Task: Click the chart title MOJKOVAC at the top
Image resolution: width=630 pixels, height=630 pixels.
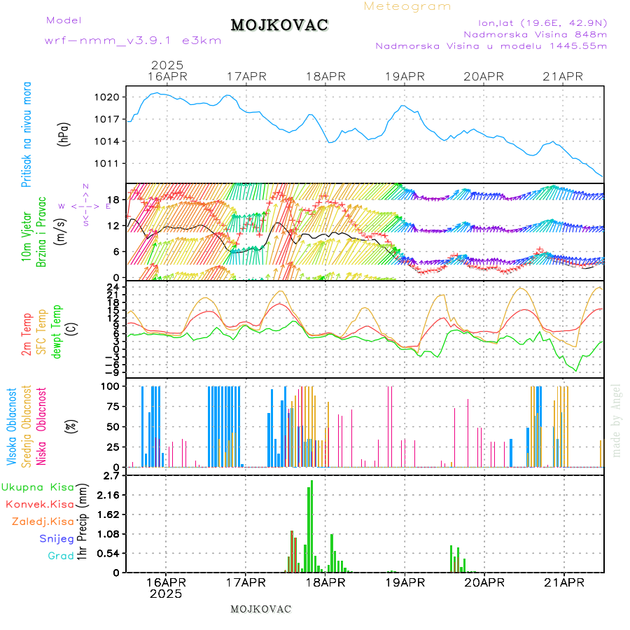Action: (279, 25)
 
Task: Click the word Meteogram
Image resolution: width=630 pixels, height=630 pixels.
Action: (407, 6)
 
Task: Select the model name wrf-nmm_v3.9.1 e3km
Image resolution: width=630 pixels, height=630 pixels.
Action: (132, 40)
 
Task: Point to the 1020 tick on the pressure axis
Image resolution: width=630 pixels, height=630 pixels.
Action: (112, 97)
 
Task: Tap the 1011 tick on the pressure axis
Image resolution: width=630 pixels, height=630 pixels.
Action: (112, 164)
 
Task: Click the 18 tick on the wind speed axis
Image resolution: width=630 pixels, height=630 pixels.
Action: (114, 199)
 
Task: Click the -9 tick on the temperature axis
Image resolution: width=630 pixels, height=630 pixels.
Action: (112, 372)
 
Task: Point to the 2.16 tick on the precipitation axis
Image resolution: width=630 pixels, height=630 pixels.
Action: (108, 495)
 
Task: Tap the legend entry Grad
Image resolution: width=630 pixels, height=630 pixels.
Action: (61, 556)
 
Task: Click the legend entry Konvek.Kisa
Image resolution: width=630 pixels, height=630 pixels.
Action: (39, 504)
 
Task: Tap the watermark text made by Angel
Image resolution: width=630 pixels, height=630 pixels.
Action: (617, 420)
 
